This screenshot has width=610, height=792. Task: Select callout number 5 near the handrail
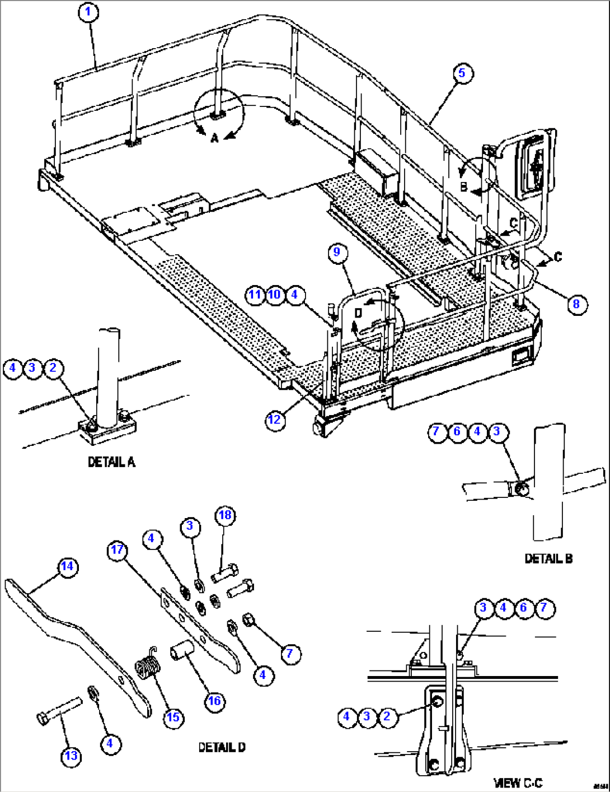click(462, 73)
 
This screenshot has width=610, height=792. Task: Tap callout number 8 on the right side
click(576, 304)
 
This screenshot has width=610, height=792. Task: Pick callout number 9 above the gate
click(336, 251)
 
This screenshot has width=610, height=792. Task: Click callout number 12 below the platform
click(275, 419)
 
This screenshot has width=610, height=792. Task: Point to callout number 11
click(255, 295)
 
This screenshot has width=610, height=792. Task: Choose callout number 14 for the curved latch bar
click(67, 566)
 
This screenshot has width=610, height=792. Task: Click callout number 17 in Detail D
click(117, 550)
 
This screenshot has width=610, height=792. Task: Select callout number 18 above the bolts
click(225, 515)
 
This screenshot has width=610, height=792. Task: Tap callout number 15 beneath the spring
click(173, 717)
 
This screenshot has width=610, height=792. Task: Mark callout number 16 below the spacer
click(215, 701)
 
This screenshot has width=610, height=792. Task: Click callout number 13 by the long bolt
click(71, 756)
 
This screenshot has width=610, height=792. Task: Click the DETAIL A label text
click(111, 462)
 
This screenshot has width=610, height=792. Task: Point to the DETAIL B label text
click(548, 558)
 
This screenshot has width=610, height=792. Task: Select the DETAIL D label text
click(222, 747)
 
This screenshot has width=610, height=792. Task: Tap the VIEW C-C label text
click(518, 782)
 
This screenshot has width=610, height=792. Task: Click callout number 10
click(274, 295)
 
